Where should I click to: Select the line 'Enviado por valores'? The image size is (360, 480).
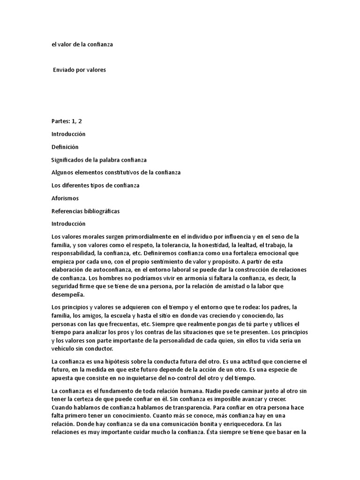pos(80,70)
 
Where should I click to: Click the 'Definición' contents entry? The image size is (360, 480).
pos(65,147)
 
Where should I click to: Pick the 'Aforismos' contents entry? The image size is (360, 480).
pos(65,198)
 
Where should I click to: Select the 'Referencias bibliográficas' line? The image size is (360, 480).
pos(85,211)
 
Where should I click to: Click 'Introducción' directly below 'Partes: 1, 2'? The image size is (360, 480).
pos(68,134)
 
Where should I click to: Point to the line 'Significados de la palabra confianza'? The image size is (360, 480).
pos(99,160)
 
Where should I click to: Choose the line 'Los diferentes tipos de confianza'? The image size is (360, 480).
pos(96,185)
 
